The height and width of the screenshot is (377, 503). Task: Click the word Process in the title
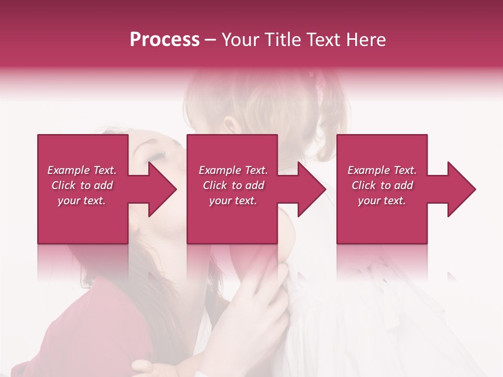(x=165, y=40)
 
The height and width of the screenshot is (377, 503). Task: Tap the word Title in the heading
(x=281, y=40)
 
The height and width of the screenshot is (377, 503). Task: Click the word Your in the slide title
(x=240, y=40)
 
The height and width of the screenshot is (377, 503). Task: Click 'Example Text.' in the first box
(x=82, y=170)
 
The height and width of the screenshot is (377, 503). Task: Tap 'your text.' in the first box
(x=82, y=201)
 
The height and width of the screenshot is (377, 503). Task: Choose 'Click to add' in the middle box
(x=233, y=185)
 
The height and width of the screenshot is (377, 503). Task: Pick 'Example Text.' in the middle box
(x=233, y=170)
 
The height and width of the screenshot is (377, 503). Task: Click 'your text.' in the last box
(x=382, y=201)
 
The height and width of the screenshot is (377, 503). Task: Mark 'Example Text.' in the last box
(x=382, y=170)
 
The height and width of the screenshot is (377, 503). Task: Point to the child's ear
(x=229, y=125)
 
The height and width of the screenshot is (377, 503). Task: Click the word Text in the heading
(x=326, y=40)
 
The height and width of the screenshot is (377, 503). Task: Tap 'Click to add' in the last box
(x=382, y=185)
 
